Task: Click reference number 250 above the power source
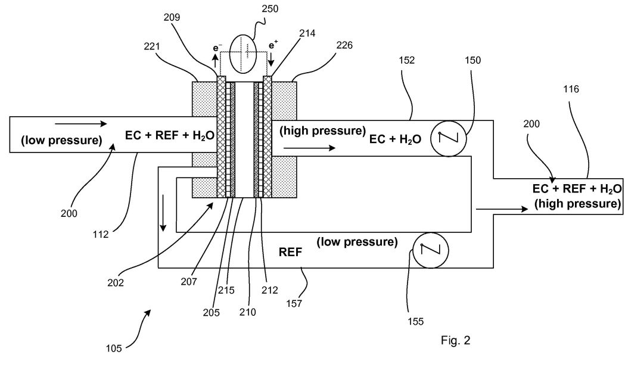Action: (x=270, y=8)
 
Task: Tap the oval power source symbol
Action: (x=244, y=54)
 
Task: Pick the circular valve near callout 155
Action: (x=431, y=250)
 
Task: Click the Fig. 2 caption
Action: (x=456, y=340)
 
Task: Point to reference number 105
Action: (x=114, y=349)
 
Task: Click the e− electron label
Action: (x=217, y=48)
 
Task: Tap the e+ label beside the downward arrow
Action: (x=273, y=45)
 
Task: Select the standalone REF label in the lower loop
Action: (x=290, y=252)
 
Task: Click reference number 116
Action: (x=571, y=89)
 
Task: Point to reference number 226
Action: (x=344, y=45)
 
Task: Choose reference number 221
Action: (x=152, y=46)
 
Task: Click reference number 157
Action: (x=294, y=304)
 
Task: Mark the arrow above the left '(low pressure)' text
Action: (x=81, y=124)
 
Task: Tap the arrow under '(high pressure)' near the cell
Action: (x=309, y=148)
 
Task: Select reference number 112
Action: (x=101, y=234)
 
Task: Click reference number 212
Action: (x=269, y=290)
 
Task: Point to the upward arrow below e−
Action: (x=215, y=61)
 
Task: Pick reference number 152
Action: (x=406, y=60)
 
